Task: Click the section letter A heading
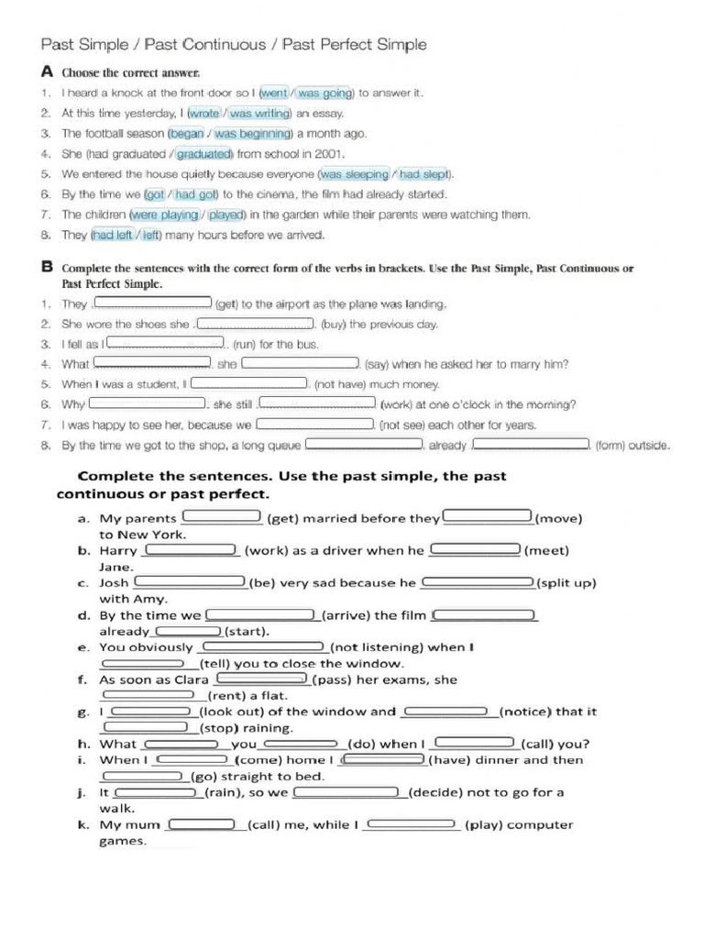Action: click(47, 71)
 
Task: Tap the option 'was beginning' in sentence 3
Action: click(252, 134)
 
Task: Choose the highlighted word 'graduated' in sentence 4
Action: click(203, 154)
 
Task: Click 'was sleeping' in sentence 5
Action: click(355, 174)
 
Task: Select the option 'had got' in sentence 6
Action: click(196, 194)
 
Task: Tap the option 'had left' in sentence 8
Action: click(113, 235)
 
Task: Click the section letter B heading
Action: click(47, 267)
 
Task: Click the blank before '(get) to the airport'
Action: click(153, 303)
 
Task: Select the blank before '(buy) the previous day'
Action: click(255, 324)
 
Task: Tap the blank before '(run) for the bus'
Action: click(166, 344)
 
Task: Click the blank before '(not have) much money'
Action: click(249, 383)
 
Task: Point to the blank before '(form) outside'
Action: click(531, 444)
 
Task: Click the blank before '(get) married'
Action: click(223, 516)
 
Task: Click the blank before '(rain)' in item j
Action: click(156, 791)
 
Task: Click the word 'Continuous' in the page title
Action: click(227, 44)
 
